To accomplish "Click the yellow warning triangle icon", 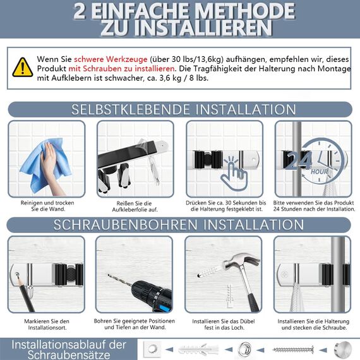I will [x=23, y=67].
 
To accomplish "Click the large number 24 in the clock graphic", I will [x=300, y=160].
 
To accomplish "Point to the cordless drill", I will [x=145, y=294].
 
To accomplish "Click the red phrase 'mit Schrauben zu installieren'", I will [x=121, y=68].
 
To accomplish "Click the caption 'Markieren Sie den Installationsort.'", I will [x=45, y=325].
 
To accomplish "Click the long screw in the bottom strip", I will [x=293, y=349].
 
